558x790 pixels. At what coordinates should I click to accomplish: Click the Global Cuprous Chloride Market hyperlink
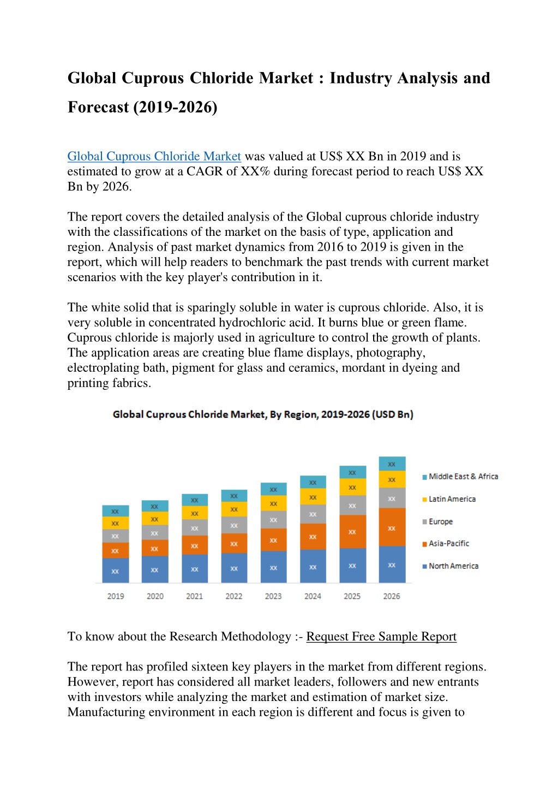(x=154, y=156)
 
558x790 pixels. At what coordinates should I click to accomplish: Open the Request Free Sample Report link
(x=381, y=637)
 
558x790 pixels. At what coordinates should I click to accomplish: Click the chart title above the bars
(x=263, y=414)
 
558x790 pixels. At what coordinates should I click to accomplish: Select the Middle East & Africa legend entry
(x=460, y=477)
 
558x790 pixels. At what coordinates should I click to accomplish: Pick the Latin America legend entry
(x=449, y=499)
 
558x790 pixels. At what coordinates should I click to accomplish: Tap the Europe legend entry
(x=437, y=521)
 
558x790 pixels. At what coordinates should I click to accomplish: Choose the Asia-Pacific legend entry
(x=446, y=543)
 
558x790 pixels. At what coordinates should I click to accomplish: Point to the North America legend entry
(x=450, y=566)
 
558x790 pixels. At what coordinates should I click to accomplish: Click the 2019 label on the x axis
(x=116, y=596)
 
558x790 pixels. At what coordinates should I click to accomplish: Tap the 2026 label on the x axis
(x=392, y=596)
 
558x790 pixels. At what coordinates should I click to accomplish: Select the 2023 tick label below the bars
(x=273, y=596)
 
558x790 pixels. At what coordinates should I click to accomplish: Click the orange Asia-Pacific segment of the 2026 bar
(x=392, y=527)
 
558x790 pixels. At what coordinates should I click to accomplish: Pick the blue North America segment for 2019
(x=116, y=571)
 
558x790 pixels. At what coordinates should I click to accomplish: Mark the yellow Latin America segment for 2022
(x=234, y=509)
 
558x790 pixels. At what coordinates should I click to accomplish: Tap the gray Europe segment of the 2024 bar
(x=313, y=514)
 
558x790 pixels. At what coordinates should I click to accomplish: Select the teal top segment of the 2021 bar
(x=195, y=500)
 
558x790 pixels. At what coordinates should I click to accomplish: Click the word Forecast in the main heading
(x=98, y=107)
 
